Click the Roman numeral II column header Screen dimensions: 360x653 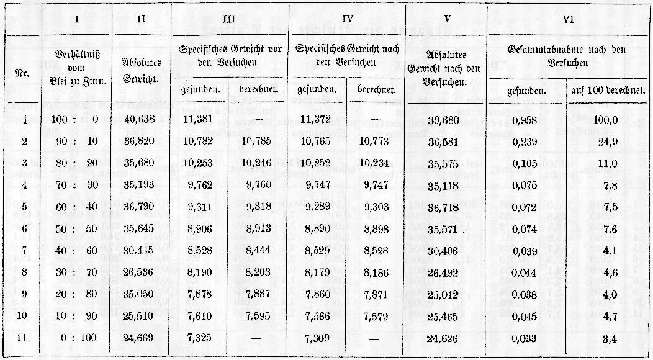(142, 19)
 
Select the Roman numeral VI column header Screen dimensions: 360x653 (567, 19)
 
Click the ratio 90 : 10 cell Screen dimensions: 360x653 (76, 142)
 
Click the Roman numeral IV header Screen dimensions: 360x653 (348, 19)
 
